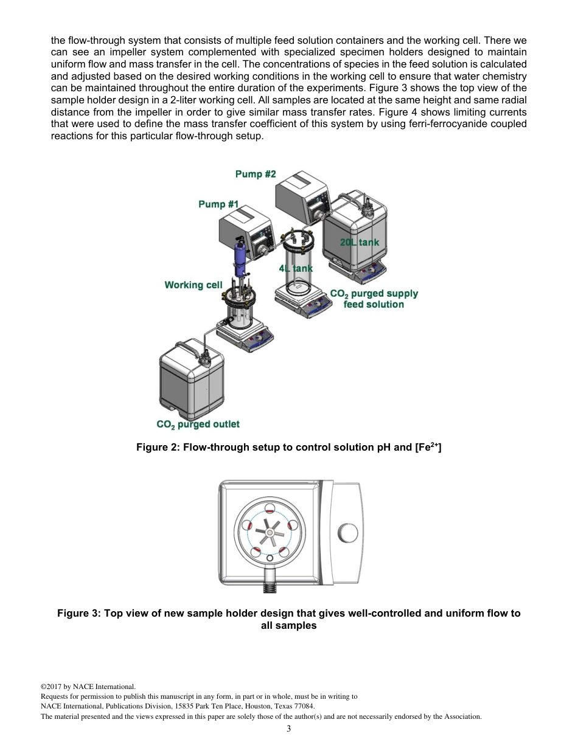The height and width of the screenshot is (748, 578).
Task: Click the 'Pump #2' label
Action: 256,175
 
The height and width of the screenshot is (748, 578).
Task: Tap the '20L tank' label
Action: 359,242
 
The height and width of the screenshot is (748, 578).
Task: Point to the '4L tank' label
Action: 296,268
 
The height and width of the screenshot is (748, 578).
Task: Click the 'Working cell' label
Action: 193,285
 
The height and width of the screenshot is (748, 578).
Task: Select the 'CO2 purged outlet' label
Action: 198,424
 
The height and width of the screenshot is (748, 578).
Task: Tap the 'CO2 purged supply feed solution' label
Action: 374,299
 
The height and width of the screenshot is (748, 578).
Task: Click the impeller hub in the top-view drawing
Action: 270,534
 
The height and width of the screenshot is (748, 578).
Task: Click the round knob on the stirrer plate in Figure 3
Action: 347,533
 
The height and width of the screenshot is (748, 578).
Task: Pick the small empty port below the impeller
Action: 270,558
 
